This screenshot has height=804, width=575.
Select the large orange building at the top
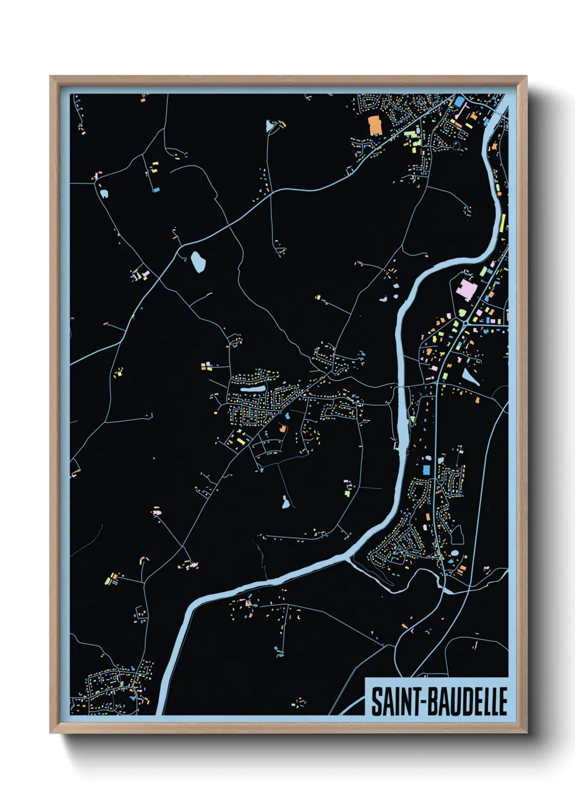click(x=375, y=124)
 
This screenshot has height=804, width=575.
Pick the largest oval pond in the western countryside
click(x=198, y=262)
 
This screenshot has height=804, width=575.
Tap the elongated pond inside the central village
click(x=252, y=389)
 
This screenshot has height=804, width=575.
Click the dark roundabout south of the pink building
click(x=466, y=323)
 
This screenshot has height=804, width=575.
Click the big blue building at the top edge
click(x=460, y=101)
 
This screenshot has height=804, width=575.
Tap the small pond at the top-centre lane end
click(x=270, y=127)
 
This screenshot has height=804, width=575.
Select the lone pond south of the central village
click(x=285, y=502)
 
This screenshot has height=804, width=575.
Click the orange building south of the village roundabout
click(x=283, y=429)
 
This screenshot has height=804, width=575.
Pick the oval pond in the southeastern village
click(x=454, y=554)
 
